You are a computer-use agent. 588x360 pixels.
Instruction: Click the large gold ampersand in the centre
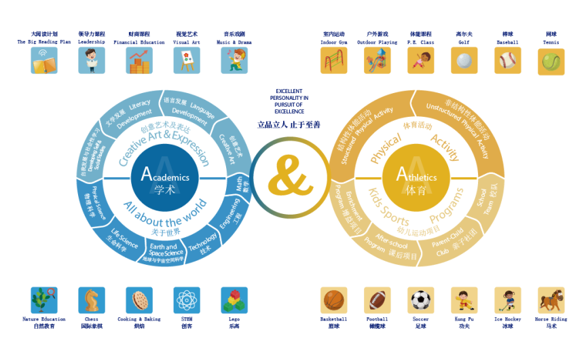coord(290,179)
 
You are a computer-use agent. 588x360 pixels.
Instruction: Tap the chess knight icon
coord(91,300)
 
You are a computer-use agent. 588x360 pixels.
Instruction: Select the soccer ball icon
coord(421,300)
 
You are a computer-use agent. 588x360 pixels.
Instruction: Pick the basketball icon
coord(333,300)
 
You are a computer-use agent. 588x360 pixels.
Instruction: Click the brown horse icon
coord(551,300)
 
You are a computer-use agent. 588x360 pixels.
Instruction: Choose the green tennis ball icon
coord(551,61)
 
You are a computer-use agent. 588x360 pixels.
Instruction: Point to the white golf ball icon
coord(464,60)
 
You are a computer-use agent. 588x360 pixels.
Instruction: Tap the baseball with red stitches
coord(508,60)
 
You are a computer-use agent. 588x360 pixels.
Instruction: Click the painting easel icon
coord(186,60)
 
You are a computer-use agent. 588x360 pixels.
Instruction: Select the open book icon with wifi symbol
coord(44,60)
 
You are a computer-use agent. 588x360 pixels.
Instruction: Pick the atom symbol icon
coord(186,300)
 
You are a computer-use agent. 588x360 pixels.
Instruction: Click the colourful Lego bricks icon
coord(234,300)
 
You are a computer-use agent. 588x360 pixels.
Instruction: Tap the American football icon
coord(377,300)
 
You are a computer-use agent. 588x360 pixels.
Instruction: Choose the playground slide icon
coord(377,60)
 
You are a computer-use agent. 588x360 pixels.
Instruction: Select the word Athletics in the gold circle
coord(417,177)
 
